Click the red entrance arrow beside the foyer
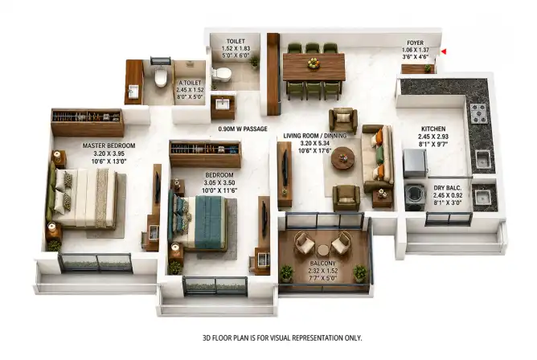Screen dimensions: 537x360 444,51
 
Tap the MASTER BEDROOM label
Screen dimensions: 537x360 109,145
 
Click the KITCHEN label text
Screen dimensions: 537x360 433,129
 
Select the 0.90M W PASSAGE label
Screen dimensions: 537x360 243,129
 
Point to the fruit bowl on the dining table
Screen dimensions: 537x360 313,63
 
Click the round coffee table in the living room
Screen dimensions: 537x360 342,157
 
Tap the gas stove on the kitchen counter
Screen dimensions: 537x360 479,113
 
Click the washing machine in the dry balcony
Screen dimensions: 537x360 415,198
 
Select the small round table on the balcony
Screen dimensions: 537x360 323,251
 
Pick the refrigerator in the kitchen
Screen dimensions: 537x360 415,164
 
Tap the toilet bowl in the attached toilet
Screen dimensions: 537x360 160,78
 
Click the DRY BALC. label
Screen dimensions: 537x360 448,188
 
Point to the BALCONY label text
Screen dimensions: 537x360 322,264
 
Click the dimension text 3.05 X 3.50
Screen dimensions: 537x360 219,182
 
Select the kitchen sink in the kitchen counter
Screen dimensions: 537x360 483,160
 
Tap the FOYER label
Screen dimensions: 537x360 415,43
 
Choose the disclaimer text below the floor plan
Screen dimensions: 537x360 282,338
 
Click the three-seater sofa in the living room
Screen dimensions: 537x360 378,158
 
